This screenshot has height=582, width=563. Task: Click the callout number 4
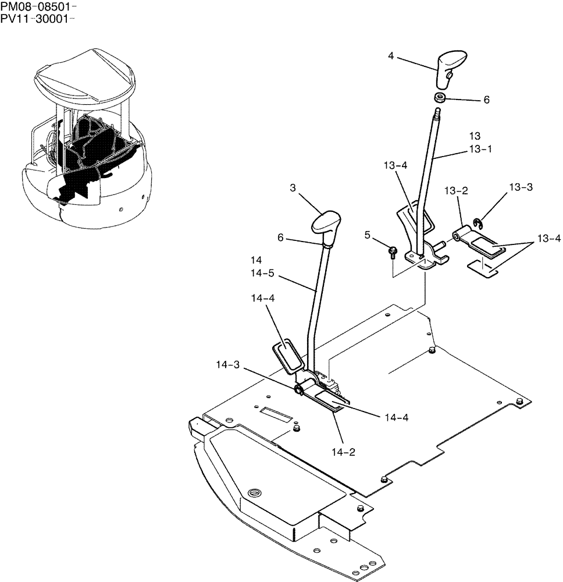(391, 56)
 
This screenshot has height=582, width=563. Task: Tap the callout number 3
(293, 188)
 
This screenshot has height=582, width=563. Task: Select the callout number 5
(368, 235)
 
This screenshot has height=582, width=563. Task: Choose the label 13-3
(521, 187)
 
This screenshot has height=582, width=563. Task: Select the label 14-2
(344, 452)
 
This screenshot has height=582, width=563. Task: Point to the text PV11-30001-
(39, 19)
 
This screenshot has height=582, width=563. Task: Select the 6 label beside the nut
(486, 100)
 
